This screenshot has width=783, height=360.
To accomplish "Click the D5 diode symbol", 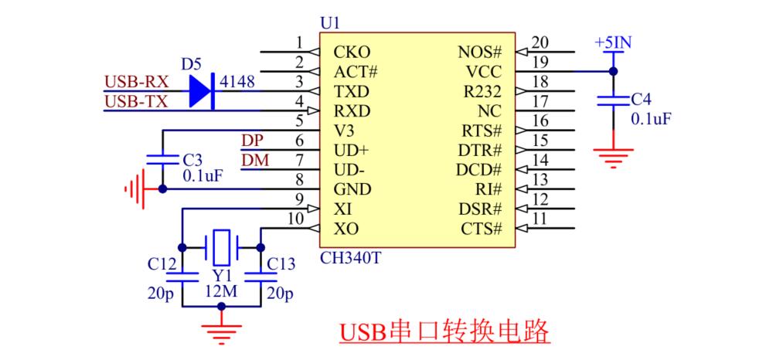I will tap(200, 90).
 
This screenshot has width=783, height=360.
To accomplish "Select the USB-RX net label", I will tap(136, 81).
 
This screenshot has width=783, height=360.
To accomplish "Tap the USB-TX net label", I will tap(136, 100).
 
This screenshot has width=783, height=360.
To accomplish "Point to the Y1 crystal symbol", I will tap(222, 248).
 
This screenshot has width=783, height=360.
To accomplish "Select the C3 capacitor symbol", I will tap(162, 159).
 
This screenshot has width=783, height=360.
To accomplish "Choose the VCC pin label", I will tap(484, 72).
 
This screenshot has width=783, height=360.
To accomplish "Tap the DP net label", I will tap(252, 141).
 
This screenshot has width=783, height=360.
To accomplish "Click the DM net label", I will tap(253, 160).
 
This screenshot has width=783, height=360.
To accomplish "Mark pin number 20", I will tap(540, 42).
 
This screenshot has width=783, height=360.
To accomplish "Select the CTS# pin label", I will tap(482, 229).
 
